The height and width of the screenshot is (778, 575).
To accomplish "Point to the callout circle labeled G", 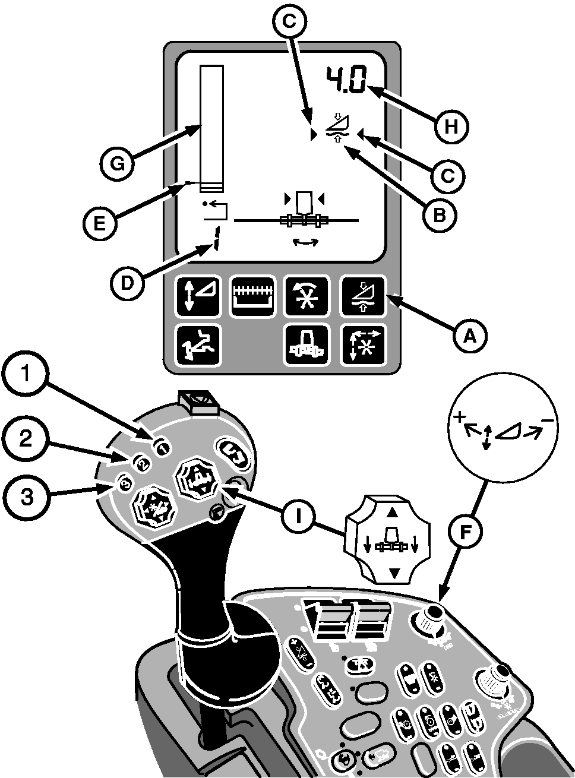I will pos(118,163).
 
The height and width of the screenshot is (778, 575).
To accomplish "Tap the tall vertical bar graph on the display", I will pos(212,128).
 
